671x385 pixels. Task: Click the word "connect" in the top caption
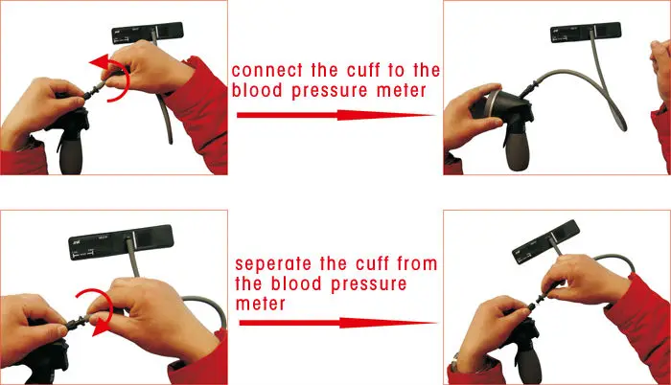(x=267, y=71)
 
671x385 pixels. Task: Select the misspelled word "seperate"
(x=273, y=264)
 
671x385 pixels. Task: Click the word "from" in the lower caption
(x=417, y=263)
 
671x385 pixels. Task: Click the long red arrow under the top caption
(x=335, y=115)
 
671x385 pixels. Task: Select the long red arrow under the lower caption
(x=337, y=323)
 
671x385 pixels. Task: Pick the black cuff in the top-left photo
(x=148, y=33)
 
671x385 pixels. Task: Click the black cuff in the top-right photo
(x=586, y=33)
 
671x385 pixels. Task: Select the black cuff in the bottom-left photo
(x=121, y=242)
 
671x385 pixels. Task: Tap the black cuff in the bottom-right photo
(x=546, y=241)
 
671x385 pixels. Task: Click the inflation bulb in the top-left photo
(x=71, y=152)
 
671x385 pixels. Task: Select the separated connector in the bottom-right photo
(x=541, y=295)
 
